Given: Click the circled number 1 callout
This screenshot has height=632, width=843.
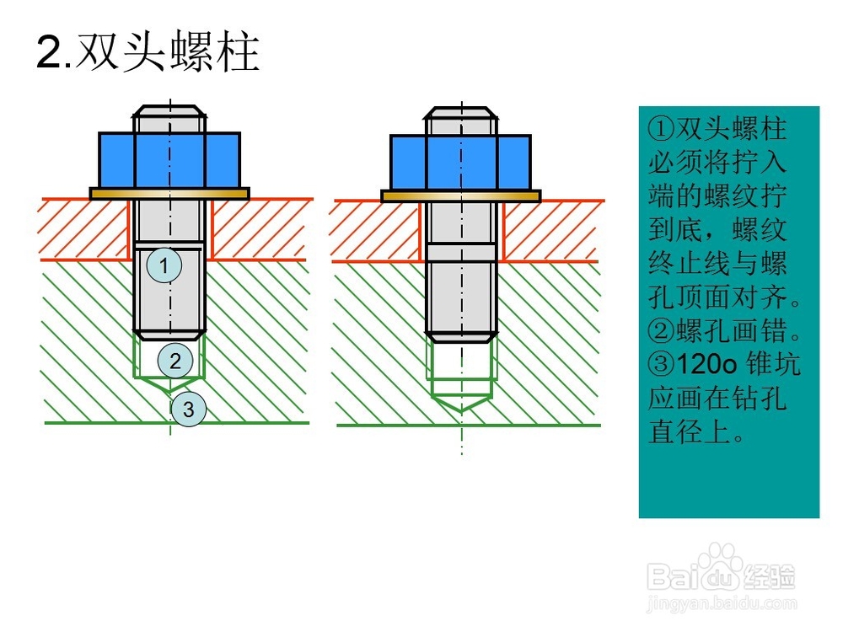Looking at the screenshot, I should [x=164, y=265].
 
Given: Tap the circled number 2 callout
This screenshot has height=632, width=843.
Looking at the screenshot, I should [x=175, y=362].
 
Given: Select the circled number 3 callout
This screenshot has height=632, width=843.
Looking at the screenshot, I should [x=189, y=410].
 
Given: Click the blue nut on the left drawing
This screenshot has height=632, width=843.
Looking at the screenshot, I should [x=169, y=160].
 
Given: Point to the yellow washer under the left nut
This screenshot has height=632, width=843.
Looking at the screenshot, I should [x=169, y=193].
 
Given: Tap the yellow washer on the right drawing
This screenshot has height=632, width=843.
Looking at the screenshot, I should [x=460, y=195].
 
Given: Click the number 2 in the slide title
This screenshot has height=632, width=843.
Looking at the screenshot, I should [x=49, y=54].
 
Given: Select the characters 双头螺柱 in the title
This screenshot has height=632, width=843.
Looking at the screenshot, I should [x=167, y=52].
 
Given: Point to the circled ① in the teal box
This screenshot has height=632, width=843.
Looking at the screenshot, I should [x=658, y=129].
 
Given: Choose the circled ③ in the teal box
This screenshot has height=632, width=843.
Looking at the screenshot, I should [x=658, y=365].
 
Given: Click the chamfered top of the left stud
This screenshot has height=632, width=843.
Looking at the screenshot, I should [x=169, y=112].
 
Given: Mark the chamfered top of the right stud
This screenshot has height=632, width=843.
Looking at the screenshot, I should [x=460, y=113].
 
